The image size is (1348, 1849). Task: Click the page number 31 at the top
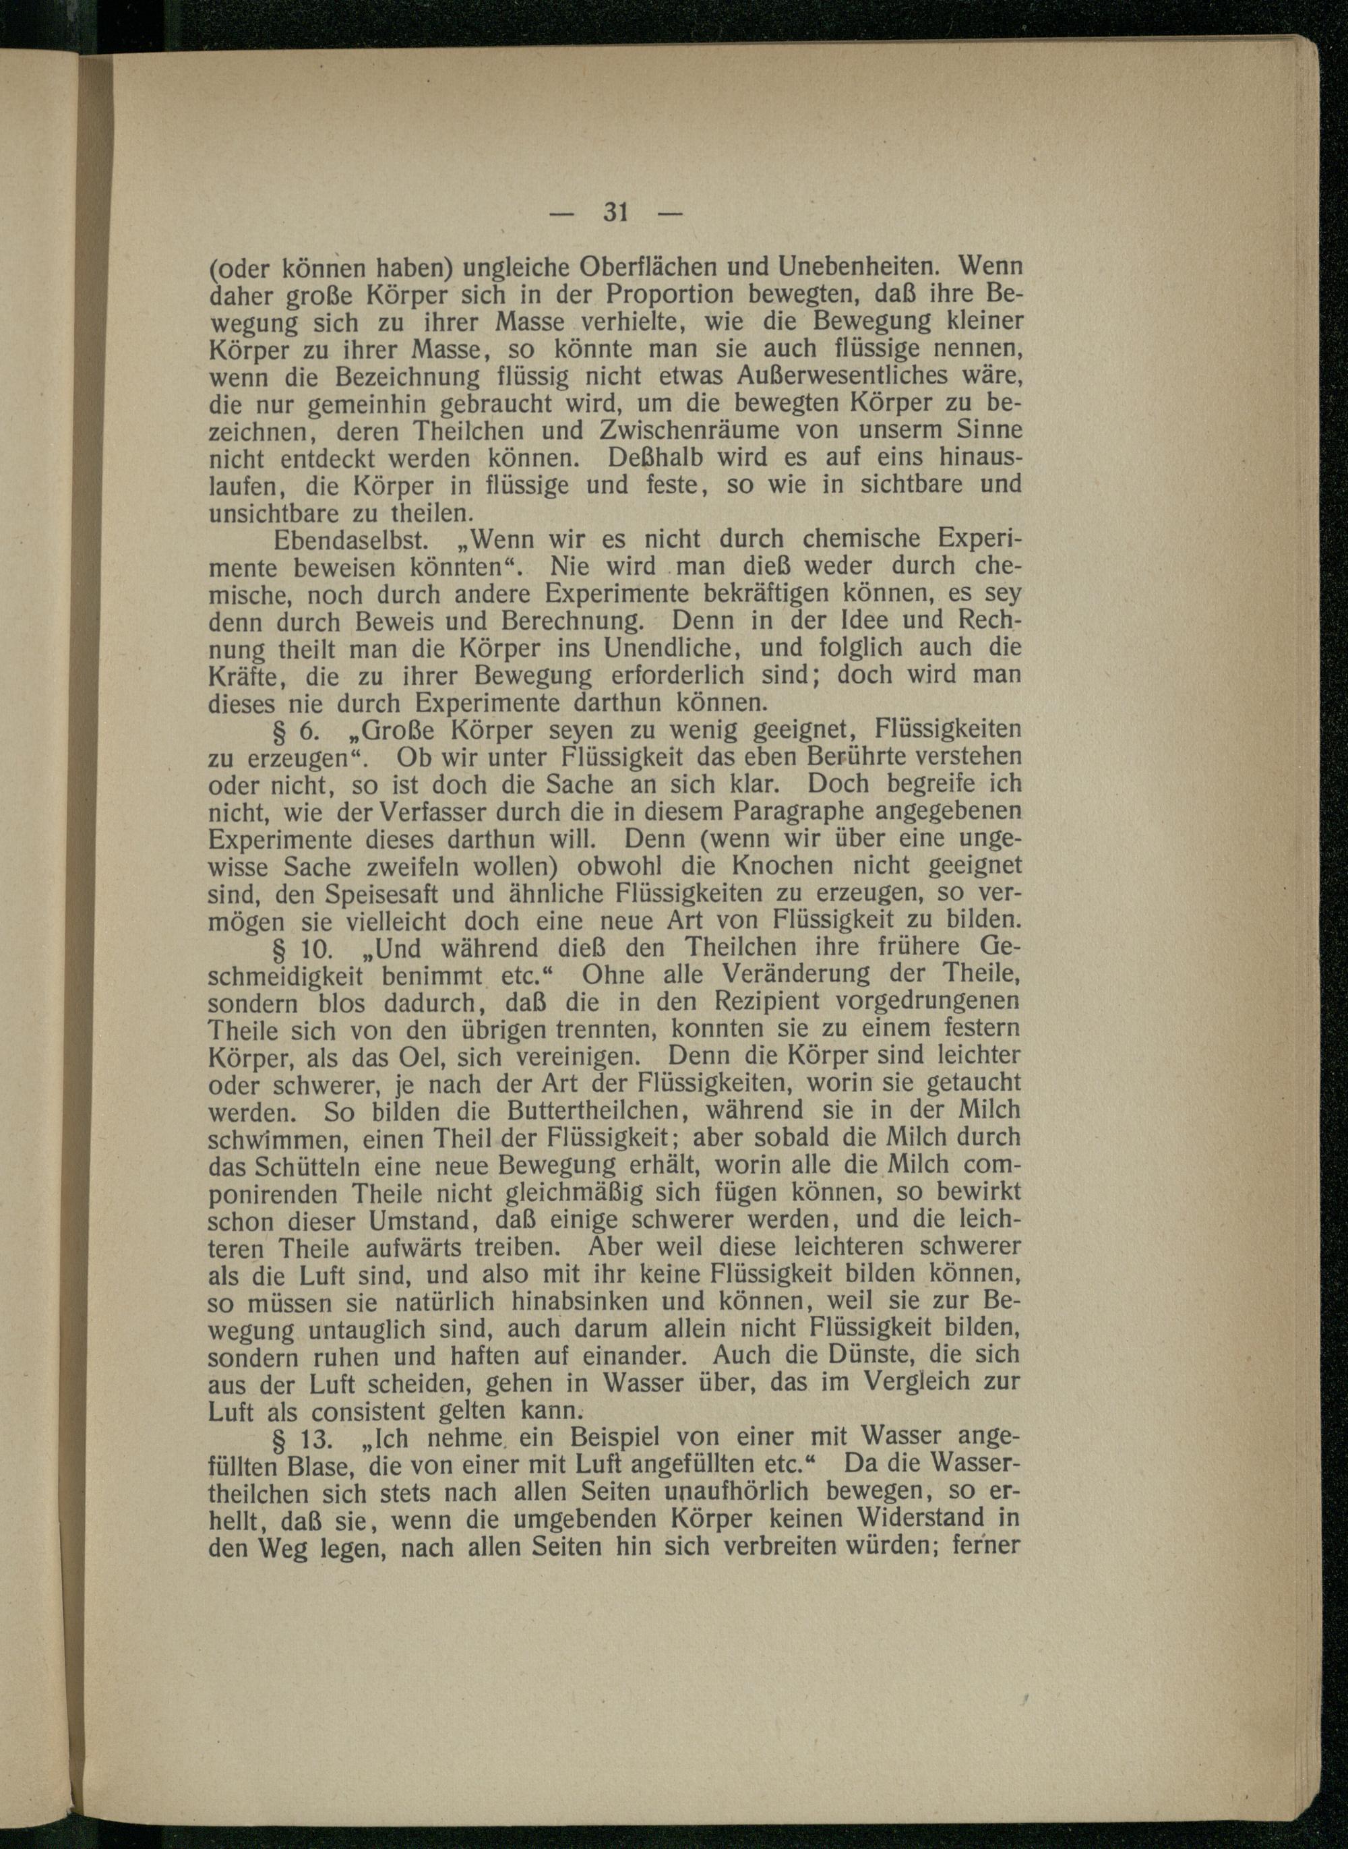click(x=615, y=212)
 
